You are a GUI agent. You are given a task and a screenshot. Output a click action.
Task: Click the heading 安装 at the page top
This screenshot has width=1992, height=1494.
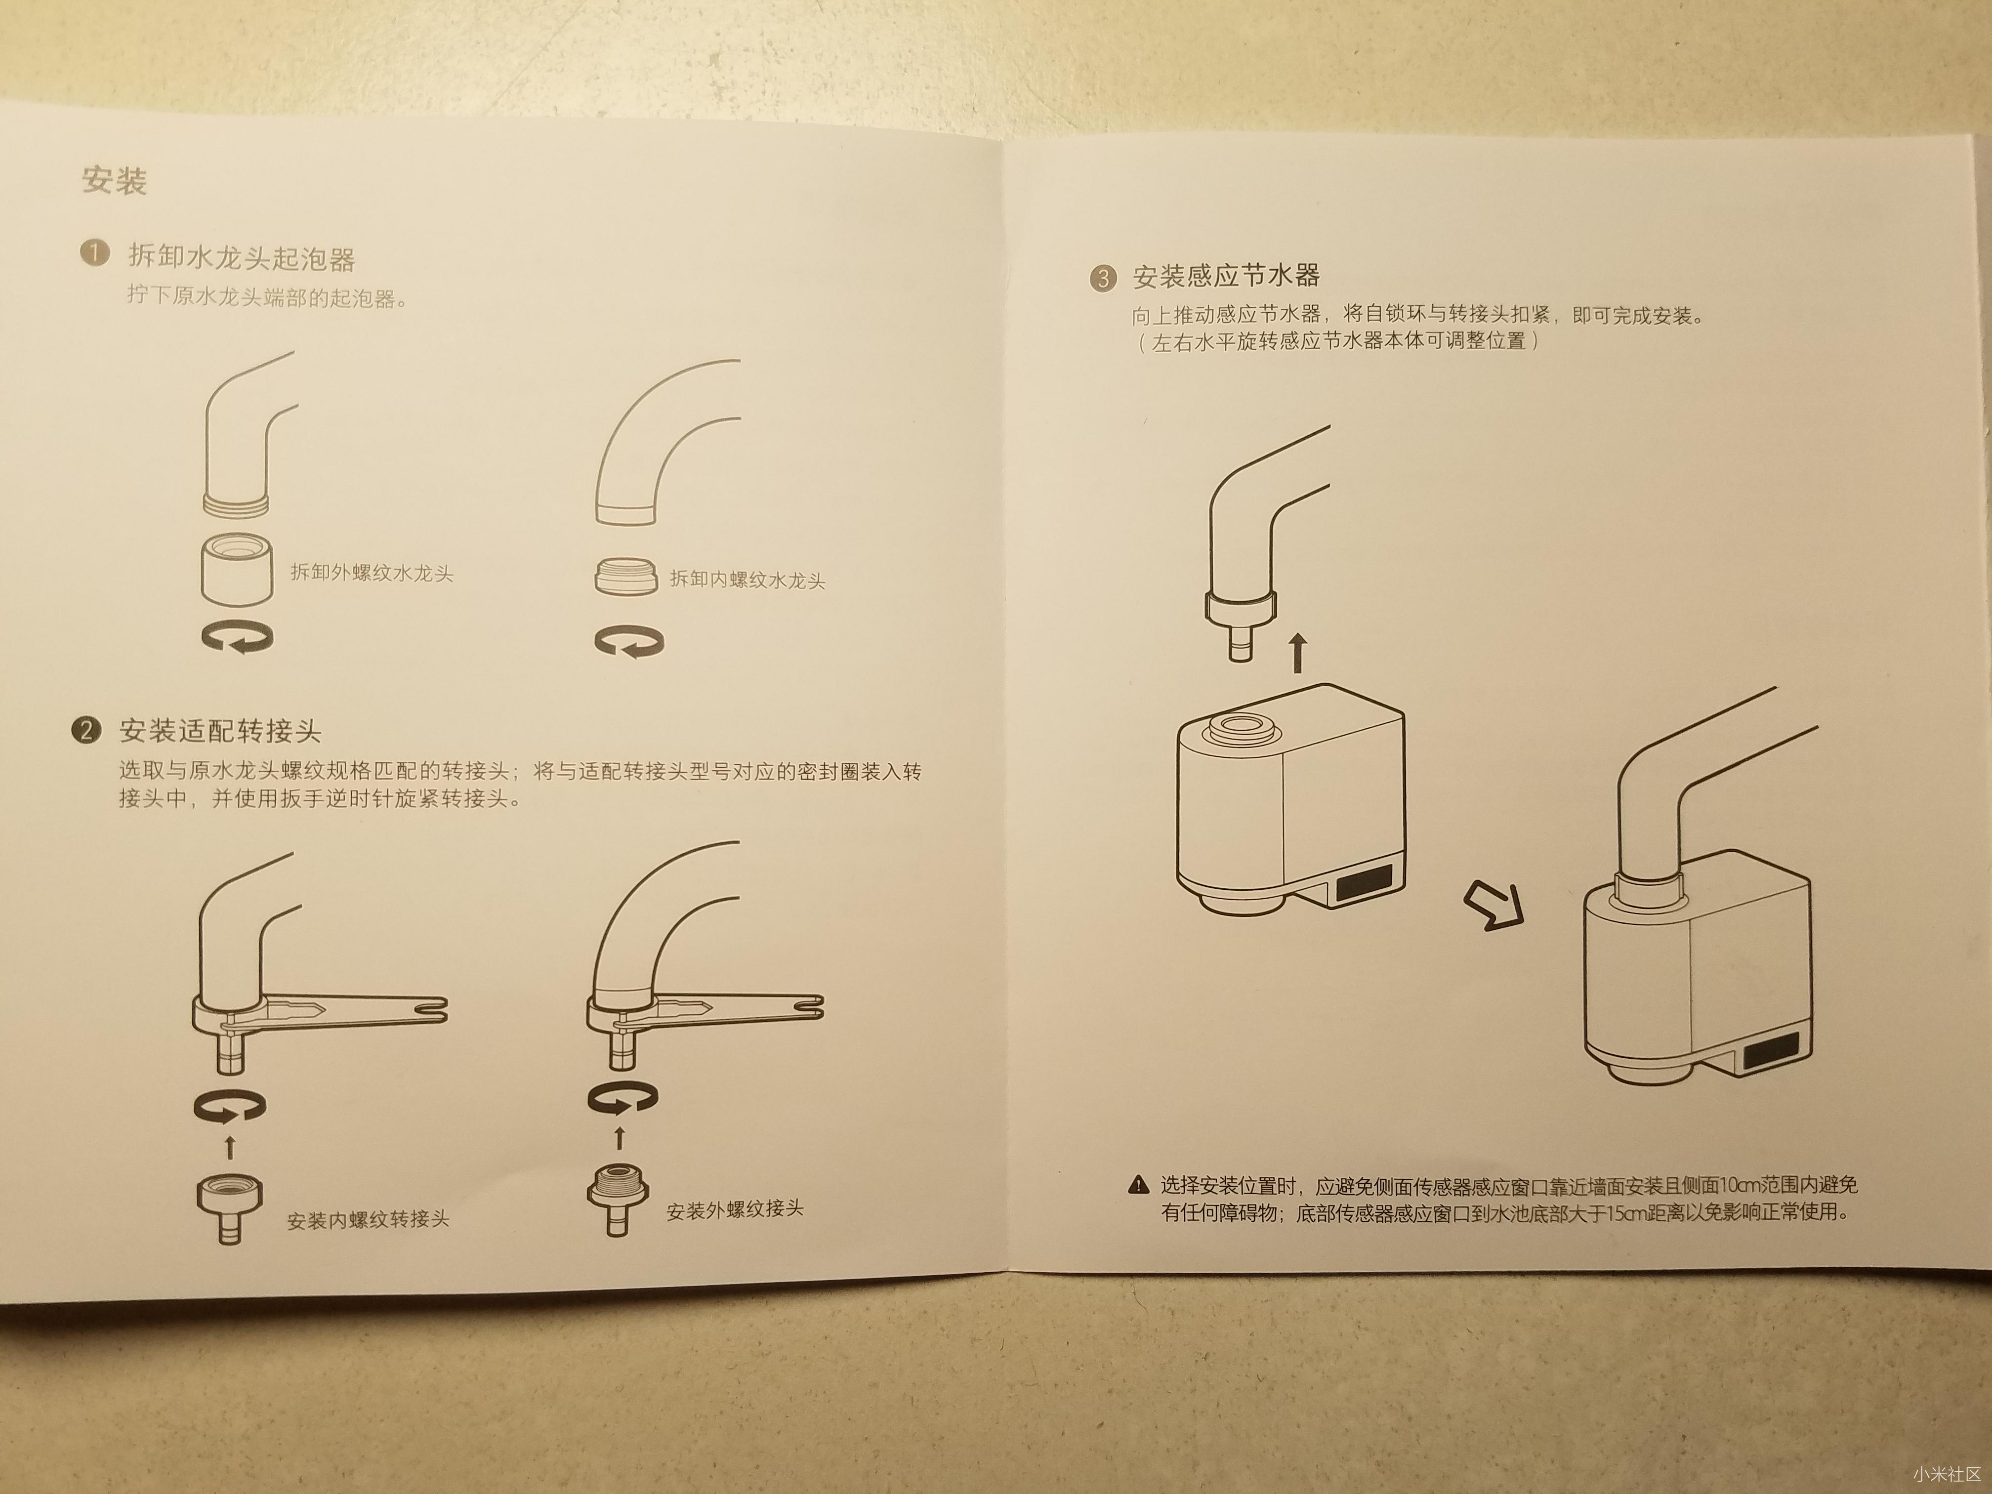[x=114, y=181]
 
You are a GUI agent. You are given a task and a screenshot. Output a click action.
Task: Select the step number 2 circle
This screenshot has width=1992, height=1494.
[x=85, y=729]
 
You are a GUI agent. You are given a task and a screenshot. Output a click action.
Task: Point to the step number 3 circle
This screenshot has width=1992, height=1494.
[x=1102, y=277]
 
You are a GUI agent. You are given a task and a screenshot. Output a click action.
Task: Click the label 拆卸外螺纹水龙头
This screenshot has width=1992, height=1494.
[x=371, y=573]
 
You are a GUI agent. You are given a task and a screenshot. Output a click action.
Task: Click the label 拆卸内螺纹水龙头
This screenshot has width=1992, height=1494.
[x=747, y=580]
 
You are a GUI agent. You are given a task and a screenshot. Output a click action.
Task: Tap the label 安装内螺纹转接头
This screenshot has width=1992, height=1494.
[x=368, y=1220]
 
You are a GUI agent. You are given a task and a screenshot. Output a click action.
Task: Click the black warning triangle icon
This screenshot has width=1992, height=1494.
[x=1138, y=1185]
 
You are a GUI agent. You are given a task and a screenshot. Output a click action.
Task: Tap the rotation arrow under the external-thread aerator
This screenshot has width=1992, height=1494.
[x=237, y=638]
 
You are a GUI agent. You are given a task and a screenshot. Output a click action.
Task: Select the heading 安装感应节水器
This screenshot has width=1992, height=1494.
[x=1226, y=276]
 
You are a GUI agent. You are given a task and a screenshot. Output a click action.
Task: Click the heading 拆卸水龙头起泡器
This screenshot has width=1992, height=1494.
[x=242, y=258]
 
